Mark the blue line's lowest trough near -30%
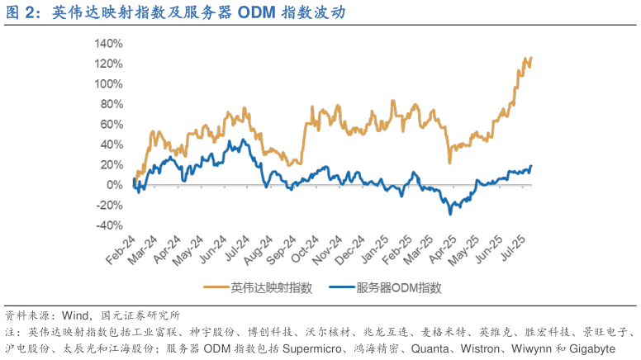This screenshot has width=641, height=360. click(450, 214)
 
